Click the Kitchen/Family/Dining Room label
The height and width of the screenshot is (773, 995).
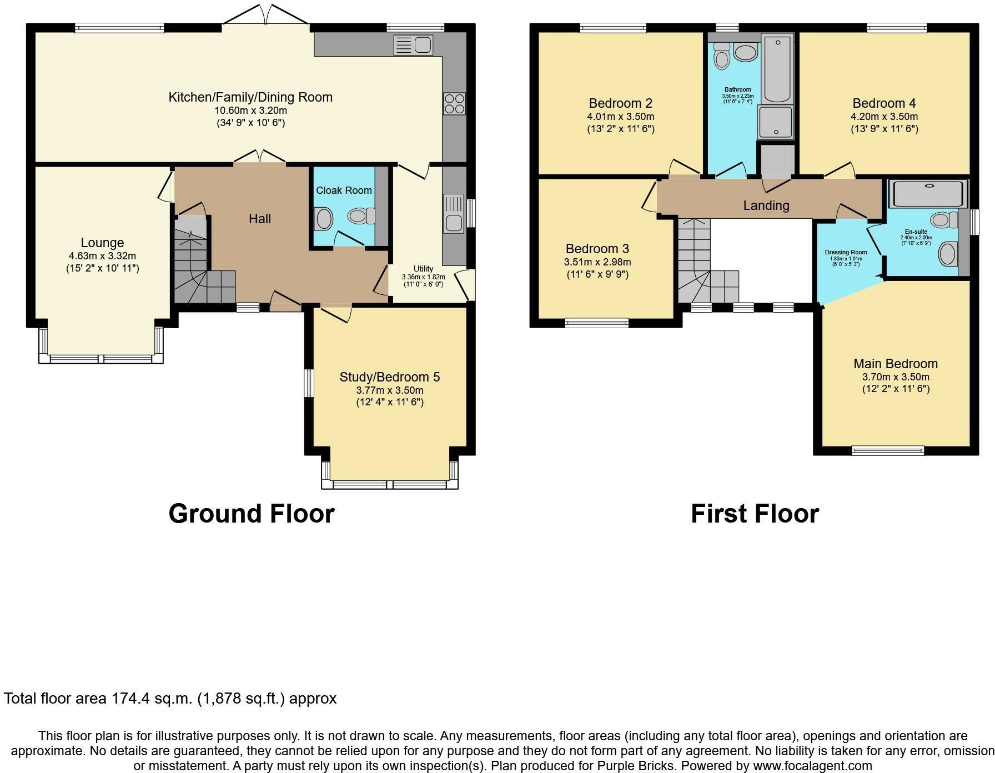(x=250, y=97)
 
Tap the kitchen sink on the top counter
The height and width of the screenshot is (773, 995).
(x=413, y=45)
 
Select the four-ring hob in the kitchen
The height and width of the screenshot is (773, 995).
(x=454, y=104)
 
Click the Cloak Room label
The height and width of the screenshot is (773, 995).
(x=344, y=190)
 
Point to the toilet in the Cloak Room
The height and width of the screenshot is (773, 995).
(x=361, y=216)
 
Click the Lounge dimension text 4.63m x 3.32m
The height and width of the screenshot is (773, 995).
(x=102, y=256)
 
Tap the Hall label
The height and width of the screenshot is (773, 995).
(x=260, y=219)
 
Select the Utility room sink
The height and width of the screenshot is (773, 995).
(x=454, y=214)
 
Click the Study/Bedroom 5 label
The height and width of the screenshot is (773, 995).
(x=390, y=377)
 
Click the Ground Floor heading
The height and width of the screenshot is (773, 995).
(x=252, y=514)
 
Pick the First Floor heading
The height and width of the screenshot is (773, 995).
(x=755, y=514)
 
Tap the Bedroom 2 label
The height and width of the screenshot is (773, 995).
(x=620, y=103)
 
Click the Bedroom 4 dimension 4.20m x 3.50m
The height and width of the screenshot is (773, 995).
(x=884, y=117)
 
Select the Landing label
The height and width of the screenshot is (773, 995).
(x=766, y=205)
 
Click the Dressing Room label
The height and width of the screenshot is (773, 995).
(x=846, y=252)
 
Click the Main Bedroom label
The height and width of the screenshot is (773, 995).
(x=896, y=364)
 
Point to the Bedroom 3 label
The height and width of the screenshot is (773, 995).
(x=597, y=249)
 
